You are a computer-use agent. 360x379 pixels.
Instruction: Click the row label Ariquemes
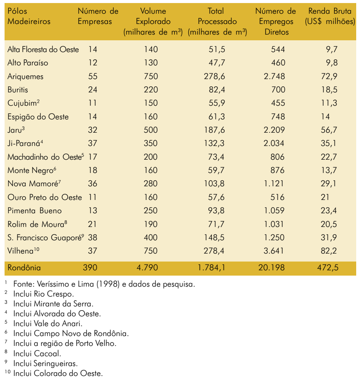point(25,77)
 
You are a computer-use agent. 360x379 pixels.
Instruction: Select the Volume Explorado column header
point(153,22)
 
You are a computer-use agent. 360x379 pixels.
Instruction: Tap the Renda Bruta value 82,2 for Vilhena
point(329,251)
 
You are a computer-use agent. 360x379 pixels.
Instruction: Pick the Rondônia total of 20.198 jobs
point(271,268)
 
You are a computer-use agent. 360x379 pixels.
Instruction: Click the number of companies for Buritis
point(93,90)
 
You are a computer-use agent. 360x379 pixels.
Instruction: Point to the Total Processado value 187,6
point(214,130)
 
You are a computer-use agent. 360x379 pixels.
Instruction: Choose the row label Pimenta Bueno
point(35,211)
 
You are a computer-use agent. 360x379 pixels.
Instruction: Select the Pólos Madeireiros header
point(29,16)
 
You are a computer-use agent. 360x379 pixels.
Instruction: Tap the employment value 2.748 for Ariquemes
point(274,76)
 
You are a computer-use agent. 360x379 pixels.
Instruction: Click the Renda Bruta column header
point(330,16)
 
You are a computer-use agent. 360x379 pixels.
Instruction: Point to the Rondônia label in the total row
point(24,268)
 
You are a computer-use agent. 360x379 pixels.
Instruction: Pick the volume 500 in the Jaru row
point(151,130)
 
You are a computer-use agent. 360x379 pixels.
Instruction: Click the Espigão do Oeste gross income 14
point(325,117)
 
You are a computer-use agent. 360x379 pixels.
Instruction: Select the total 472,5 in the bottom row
point(328,268)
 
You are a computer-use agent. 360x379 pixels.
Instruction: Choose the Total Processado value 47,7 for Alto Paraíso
point(217,63)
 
